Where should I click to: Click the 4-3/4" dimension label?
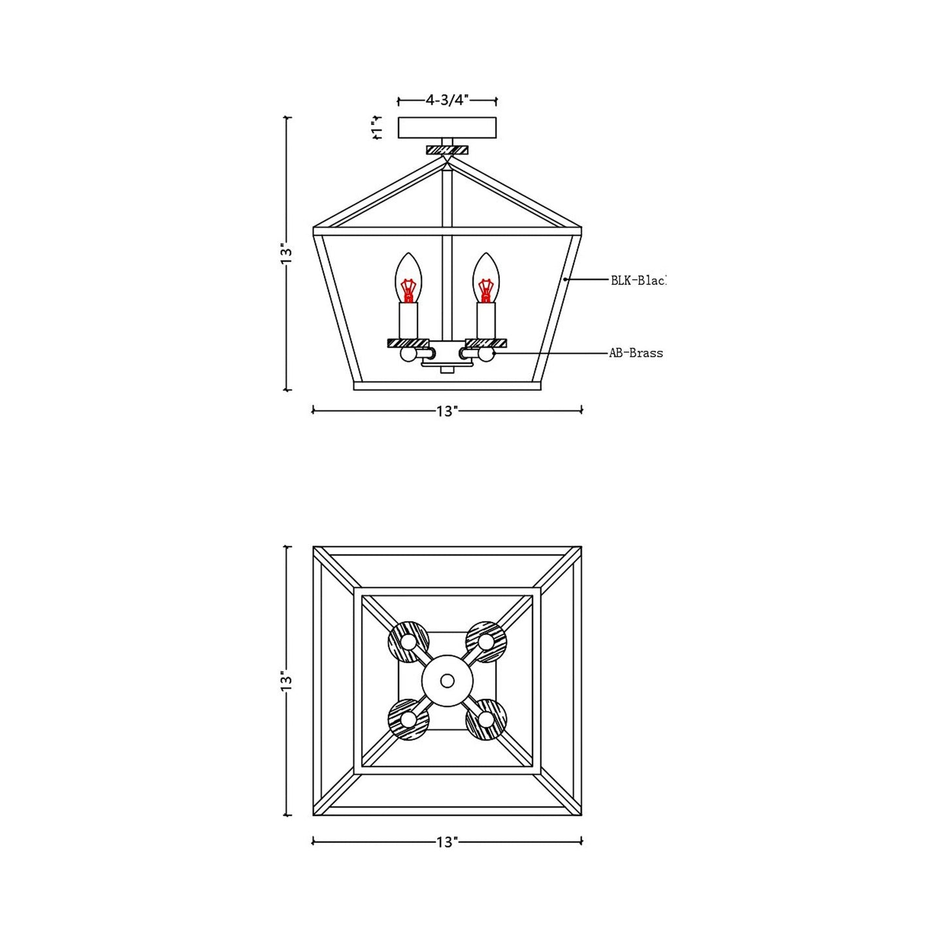pyautogui.click(x=448, y=101)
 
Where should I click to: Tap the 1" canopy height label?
pyautogui.click(x=376, y=129)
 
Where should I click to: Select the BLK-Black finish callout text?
pyautogui.click(x=638, y=280)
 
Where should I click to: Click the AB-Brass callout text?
pyautogui.click(x=636, y=353)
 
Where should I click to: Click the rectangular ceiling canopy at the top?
pyautogui.click(x=448, y=128)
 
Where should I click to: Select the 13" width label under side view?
pyautogui.click(x=448, y=411)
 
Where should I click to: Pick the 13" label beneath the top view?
pyautogui.click(x=448, y=842)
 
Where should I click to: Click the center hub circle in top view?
pyautogui.click(x=448, y=681)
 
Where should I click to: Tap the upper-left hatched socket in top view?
pyautogui.click(x=408, y=642)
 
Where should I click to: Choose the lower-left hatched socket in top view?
pyautogui.click(x=408, y=720)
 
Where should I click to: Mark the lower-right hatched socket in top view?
pyautogui.click(x=486, y=720)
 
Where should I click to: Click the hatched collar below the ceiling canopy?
pyautogui.click(x=448, y=150)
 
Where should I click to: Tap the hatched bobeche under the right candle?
pyautogui.click(x=486, y=342)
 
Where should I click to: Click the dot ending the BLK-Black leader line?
pyautogui.click(x=566, y=280)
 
